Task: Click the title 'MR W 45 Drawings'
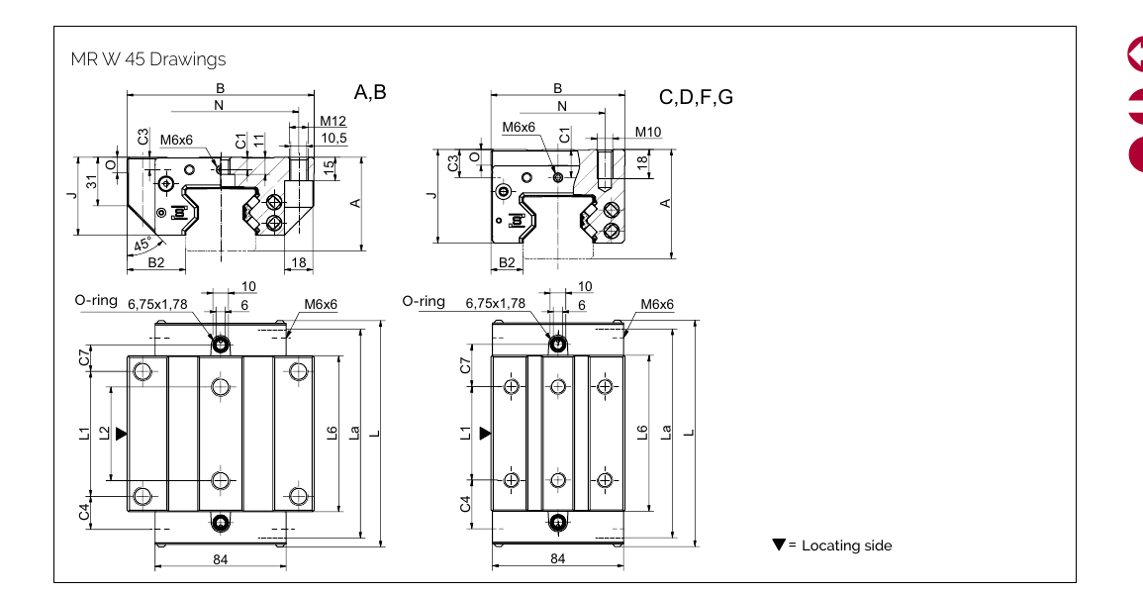[148, 59]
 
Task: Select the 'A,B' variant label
[370, 93]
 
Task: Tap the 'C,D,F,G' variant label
[696, 97]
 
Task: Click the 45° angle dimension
[144, 244]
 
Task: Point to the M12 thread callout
[333, 122]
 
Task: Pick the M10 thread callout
[648, 132]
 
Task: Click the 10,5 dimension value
[334, 138]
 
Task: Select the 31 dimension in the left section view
[91, 181]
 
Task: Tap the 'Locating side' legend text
[846, 545]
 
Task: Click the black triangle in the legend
[779, 544]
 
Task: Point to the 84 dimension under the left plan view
[221, 559]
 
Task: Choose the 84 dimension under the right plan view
[558, 559]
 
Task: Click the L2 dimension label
[104, 433]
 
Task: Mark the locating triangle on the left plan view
[121, 433]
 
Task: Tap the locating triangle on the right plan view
[485, 433]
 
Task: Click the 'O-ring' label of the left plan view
[95, 300]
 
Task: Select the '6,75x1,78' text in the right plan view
[495, 303]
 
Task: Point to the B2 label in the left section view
[155, 262]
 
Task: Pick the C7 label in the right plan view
[466, 365]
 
